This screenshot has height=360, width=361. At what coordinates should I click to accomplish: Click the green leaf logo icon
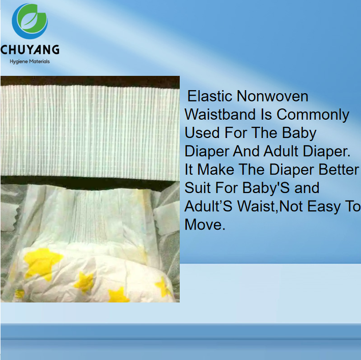(30, 22)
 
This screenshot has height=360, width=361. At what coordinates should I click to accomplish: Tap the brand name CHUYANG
(30, 49)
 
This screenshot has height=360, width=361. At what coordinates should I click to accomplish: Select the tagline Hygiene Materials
(30, 62)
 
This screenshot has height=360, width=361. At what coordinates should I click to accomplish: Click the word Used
(202, 133)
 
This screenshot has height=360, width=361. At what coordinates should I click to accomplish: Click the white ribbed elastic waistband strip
(90, 129)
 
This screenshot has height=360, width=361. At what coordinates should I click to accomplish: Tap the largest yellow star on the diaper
(42, 262)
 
